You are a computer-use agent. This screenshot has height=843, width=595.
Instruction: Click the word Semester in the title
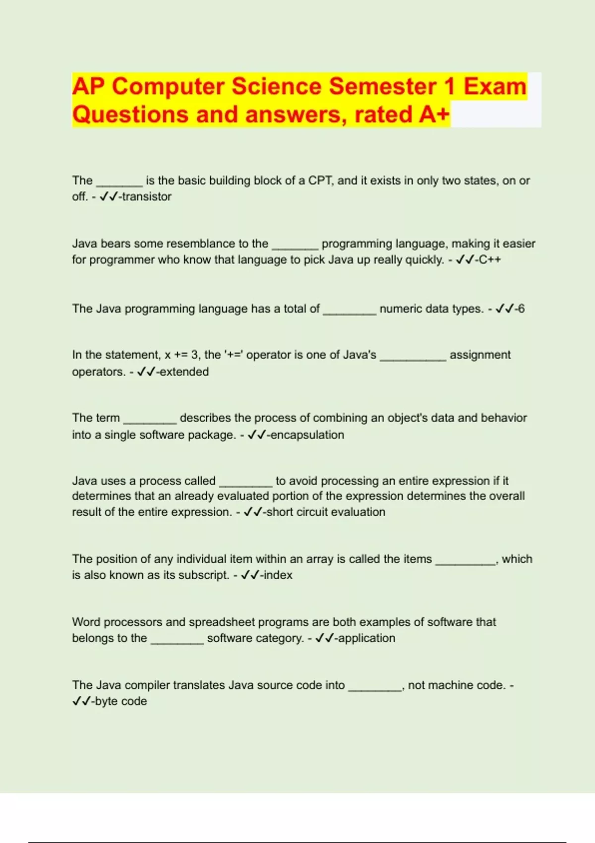(x=382, y=86)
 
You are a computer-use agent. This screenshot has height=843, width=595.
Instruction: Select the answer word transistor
(x=147, y=197)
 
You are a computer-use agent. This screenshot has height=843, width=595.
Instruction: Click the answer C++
(x=489, y=260)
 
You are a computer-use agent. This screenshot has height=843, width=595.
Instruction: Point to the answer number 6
(x=521, y=309)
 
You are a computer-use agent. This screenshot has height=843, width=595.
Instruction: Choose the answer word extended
(x=184, y=372)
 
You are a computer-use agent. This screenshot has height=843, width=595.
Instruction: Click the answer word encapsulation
(x=307, y=435)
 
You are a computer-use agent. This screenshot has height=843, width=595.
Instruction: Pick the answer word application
(x=367, y=638)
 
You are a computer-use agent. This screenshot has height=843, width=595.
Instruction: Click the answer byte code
(x=121, y=701)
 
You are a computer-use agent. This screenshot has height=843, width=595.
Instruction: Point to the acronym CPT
(x=320, y=181)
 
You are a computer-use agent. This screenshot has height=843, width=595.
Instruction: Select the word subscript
(x=204, y=575)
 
